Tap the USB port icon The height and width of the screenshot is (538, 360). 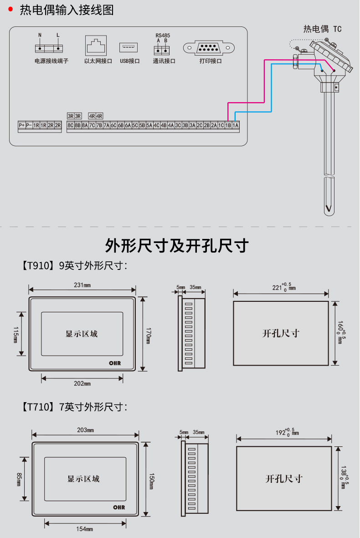pyautogui.click(x=129, y=47)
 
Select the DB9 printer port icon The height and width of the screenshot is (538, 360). pyautogui.click(x=208, y=47)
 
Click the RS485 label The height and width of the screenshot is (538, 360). pyautogui.click(x=163, y=35)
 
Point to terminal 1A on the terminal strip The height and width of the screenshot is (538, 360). pyautogui.click(x=236, y=125)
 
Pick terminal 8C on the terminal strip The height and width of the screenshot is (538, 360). pyautogui.click(x=70, y=125)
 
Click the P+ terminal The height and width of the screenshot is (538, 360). pyautogui.click(x=21, y=125)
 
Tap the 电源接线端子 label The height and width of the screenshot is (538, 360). pyautogui.click(x=51, y=61)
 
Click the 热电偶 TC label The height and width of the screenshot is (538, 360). pyautogui.click(x=322, y=29)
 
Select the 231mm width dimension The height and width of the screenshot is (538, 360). pyautogui.click(x=82, y=285)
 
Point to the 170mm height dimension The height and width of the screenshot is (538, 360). pyautogui.click(x=149, y=333)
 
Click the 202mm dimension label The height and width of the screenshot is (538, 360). pyautogui.click(x=82, y=383)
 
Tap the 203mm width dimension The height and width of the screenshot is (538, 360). pyautogui.click(x=85, y=430)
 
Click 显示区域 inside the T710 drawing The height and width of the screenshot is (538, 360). pyautogui.click(x=83, y=479)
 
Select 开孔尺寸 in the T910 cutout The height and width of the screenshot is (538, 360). pyautogui.click(x=281, y=333)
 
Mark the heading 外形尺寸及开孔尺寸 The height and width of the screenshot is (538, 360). pyautogui.click(x=177, y=246)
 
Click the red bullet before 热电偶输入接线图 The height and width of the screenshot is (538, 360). pyautogui.click(x=10, y=10)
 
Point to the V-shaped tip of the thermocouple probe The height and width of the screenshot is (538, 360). pyautogui.click(x=328, y=208)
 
